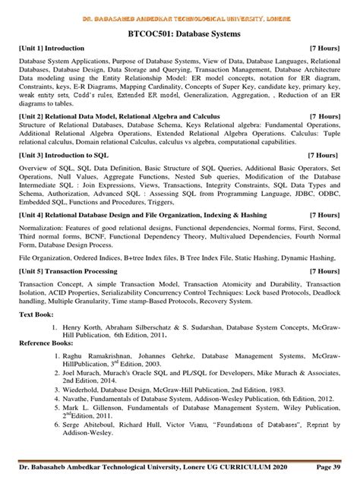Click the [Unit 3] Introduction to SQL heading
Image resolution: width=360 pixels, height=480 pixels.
(60, 175)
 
